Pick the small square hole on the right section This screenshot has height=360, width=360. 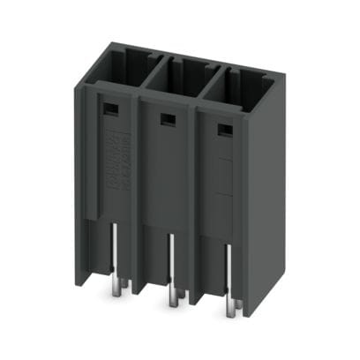pos(222,129)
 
